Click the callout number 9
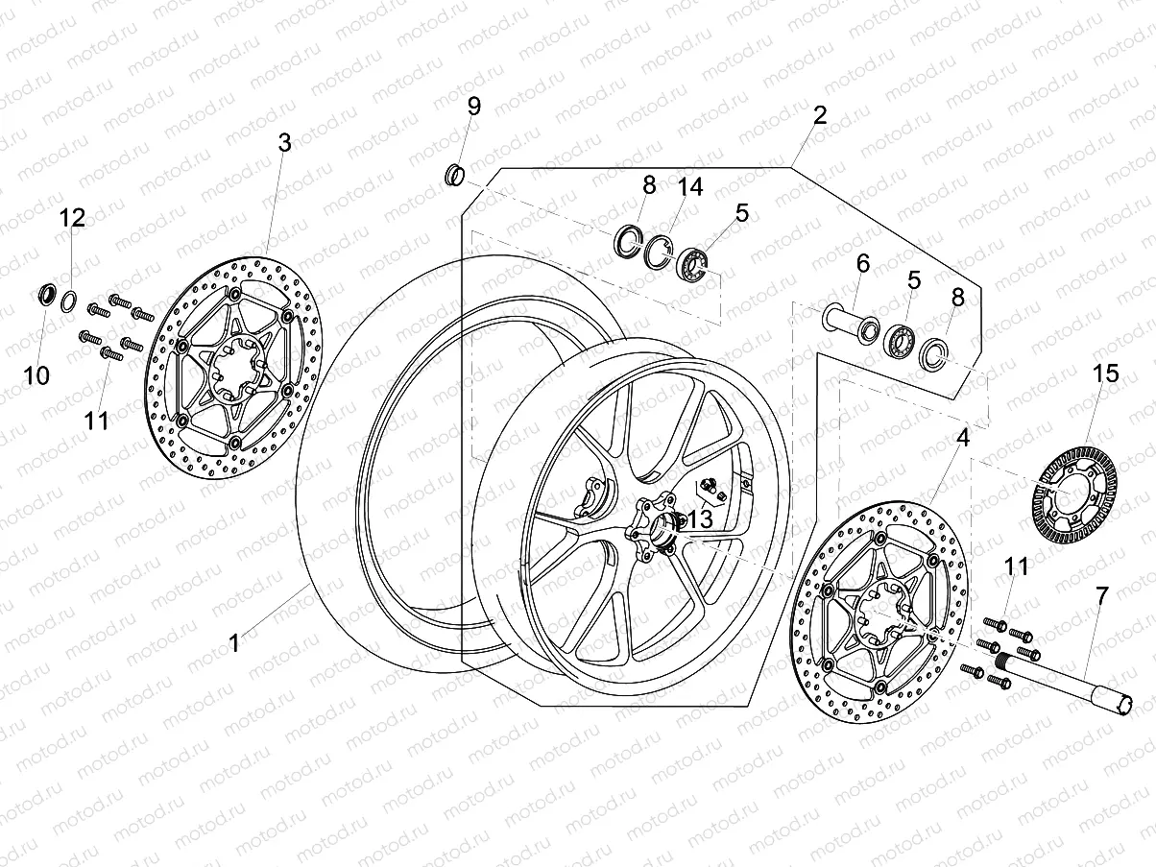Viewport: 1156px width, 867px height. pyautogui.click(x=473, y=107)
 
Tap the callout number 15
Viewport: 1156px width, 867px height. pyautogui.click(x=1106, y=373)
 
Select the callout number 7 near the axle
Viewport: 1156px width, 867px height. pyautogui.click(x=1101, y=594)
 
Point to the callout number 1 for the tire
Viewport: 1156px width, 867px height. pyautogui.click(x=233, y=642)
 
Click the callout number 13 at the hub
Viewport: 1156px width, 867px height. pyautogui.click(x=700, y=519)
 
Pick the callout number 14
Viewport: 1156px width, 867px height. pyautogui.click(x=690, y=187)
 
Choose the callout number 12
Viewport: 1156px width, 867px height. pyautogui.click(x=73, y=218)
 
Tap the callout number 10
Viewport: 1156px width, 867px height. pyautogui.click(x=36, y=375)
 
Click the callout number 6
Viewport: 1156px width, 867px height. pyautogui.click(x=862, y=262)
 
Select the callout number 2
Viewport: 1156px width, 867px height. pyautogui.click(x=819, y=116)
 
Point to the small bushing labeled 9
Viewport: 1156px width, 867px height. pyautogui.click(x=456, y=176)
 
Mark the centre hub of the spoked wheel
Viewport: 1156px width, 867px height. pyautogui.click(x=656, y=526)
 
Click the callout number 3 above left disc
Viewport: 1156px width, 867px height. pyautogui.click(x=284, y=143)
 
